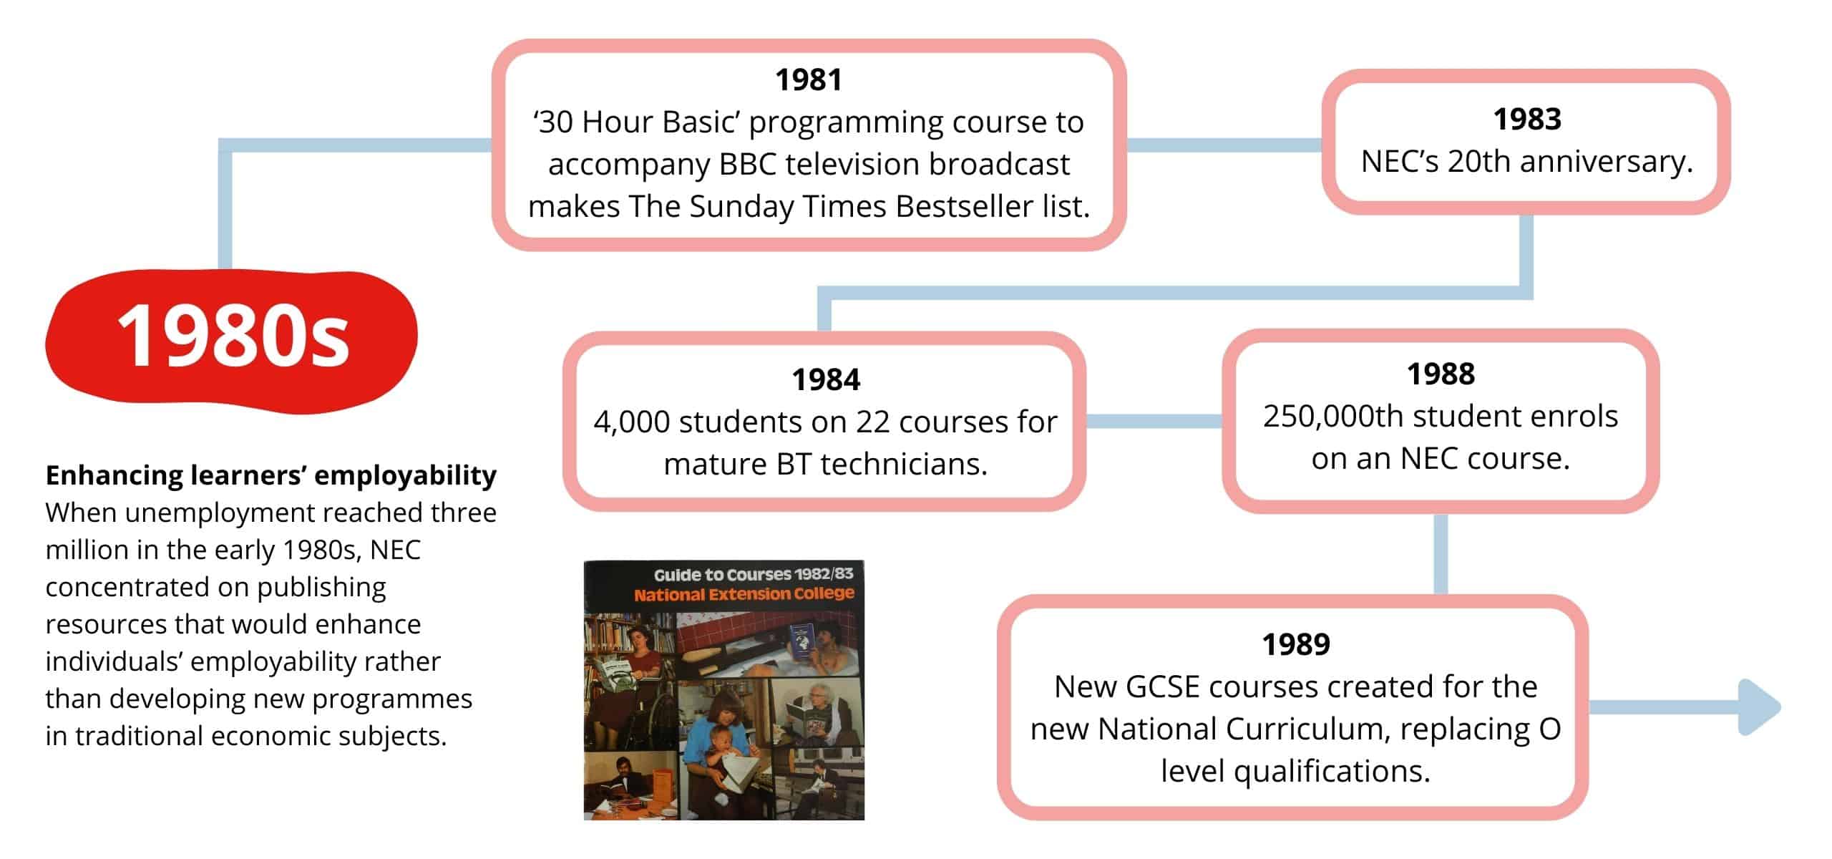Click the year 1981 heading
click(x=809, y=80)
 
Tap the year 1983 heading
click(x=1527, y=120)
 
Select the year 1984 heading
click(x=825, y=380)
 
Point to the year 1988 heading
click(x=1441, y=374)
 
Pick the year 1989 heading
click(x=1296, y=645)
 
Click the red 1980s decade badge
click(x=232, y=341)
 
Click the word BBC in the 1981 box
click(x=749, y=165)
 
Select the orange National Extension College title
click(x=744, y=594)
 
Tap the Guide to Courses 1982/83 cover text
click(x=754, y=575)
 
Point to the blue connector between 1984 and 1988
click(x=1154, y=422)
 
